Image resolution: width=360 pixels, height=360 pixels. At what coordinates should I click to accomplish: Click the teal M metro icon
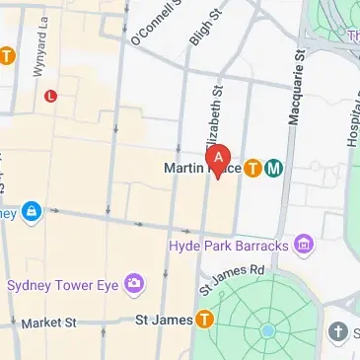click(273, 169)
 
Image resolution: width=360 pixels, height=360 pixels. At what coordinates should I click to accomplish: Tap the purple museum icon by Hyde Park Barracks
click(304, 244)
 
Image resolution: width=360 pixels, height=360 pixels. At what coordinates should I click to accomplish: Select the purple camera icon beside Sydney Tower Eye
click(133, 285)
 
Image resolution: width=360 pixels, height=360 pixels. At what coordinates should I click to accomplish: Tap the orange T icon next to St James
click(205, 319)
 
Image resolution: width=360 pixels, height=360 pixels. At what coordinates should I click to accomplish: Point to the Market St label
click(48, 323)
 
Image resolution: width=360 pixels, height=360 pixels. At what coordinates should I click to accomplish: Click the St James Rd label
click(232, 278)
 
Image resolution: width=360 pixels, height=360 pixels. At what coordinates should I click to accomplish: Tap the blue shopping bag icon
click(32, 211)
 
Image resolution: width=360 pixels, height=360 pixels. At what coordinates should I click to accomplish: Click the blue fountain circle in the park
click(267, 331)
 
